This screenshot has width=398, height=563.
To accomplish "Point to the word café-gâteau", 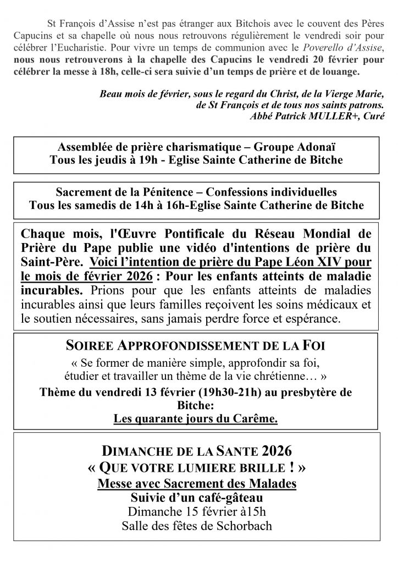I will pyautogui.click(x=226, y=498).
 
